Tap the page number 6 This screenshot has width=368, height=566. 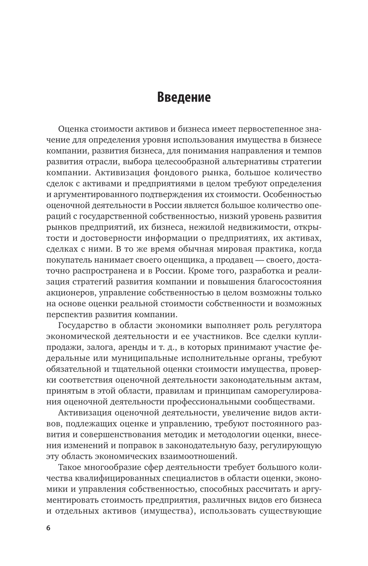click(x=48, y=528)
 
